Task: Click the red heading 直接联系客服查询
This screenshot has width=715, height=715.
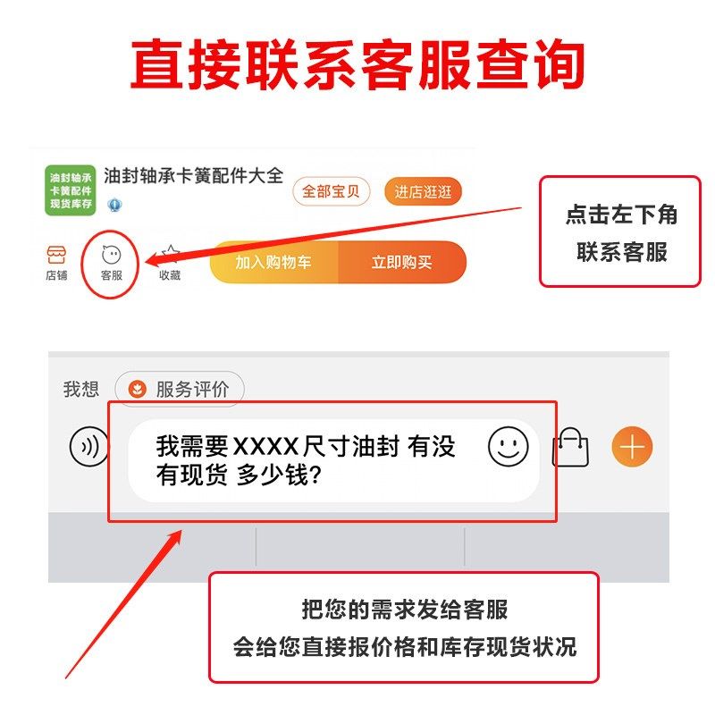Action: coord(357,64)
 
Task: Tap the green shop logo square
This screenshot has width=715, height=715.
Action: coord(70,189)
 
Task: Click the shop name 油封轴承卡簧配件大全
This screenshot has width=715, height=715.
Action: coord(193,175)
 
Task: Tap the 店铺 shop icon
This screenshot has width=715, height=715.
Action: coord(56,262)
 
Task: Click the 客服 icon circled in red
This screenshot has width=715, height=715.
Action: coord(112,262)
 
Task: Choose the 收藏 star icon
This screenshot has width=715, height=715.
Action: coord(170,263)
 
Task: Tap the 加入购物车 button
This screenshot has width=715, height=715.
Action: coord(273,263)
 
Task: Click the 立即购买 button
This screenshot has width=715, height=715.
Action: coord(402,263)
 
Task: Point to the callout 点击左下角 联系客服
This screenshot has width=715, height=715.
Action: coord(620,232)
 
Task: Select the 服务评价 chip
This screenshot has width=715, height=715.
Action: coord(180,389)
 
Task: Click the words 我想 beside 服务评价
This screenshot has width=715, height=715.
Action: coord(80,389)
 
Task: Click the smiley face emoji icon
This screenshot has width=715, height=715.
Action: coord(508,446)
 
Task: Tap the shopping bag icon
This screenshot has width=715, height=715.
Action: coord(571,446)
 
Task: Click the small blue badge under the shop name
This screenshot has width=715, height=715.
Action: coord(114,205)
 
